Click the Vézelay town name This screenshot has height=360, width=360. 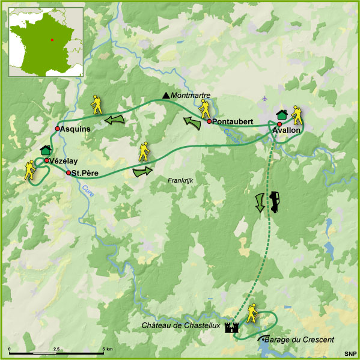[64, 160]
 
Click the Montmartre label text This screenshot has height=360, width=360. [189, 95]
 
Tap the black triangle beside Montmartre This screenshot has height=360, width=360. [166, 95]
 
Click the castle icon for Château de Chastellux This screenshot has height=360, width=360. [231, 327]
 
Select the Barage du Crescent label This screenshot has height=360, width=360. [299, 340]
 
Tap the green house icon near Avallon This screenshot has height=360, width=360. [281, 114]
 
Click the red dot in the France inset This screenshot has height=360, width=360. [52, 40]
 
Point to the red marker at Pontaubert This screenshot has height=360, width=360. [209, 121]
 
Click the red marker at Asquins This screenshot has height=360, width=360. [57, 129]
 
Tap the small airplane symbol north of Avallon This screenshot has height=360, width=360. [265, 97]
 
